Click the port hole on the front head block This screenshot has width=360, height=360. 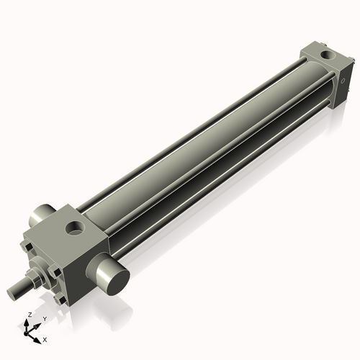click(75, 230)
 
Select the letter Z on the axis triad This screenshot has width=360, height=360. click(28, 315)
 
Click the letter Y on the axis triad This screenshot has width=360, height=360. click(45, 318)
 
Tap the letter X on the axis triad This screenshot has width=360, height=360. click(45, 338)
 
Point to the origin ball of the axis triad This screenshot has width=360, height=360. click(29, 333)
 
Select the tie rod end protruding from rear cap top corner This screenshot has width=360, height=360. click(302, 51)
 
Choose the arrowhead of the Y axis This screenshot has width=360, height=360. click(37, 325)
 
